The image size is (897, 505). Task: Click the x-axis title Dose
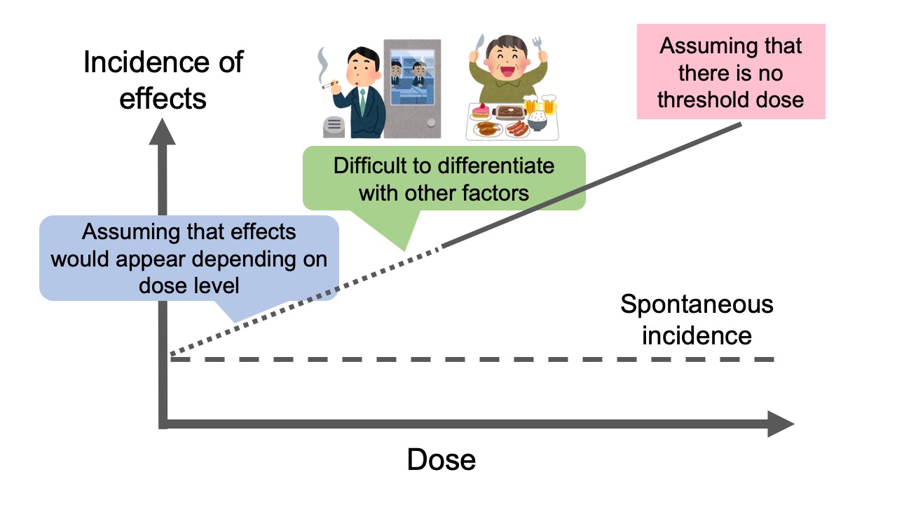point(441,460)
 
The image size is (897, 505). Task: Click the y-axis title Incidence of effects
point(163,80)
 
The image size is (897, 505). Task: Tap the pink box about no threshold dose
point(731,73)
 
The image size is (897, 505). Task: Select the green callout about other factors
point(444,179)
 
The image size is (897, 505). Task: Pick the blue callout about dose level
point(189,259)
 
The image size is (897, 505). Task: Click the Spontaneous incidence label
point(697,320)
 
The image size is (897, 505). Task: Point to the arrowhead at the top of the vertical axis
point(163,131)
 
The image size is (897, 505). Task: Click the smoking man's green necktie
point(362,104)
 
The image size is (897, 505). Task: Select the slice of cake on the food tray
point(480,111)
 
